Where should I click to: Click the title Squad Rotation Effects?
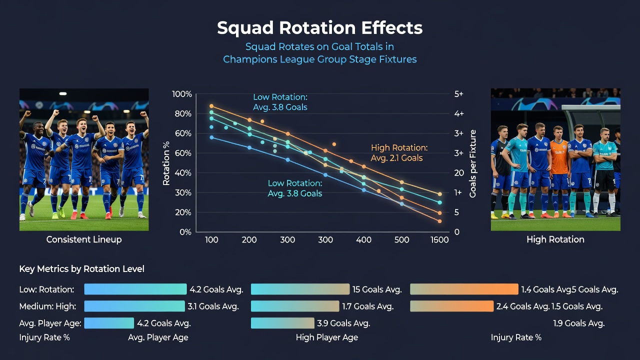point(319,28)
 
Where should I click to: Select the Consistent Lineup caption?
point(84,239)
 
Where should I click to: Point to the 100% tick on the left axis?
point(181,94)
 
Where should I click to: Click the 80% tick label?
point(183,113)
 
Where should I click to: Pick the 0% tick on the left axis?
point(185,232)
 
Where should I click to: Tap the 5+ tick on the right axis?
point(459,94)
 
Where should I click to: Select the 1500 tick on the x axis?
point(439,239)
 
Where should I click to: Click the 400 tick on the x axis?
point(363,239)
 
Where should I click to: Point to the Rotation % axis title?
point(166,163)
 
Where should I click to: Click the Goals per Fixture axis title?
point(473,163)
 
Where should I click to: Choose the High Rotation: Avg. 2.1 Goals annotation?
point(399,153)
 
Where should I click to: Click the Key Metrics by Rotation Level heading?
point(81,269)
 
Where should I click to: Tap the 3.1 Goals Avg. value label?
point(213,306)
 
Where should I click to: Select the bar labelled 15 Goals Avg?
point(300,289)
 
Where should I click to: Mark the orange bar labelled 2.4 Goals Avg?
point(451,306)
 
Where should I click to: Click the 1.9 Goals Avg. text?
point(579,323)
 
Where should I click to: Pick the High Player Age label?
point(327,337)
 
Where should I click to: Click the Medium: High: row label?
point(47,306)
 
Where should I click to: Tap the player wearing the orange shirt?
point(559,168)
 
